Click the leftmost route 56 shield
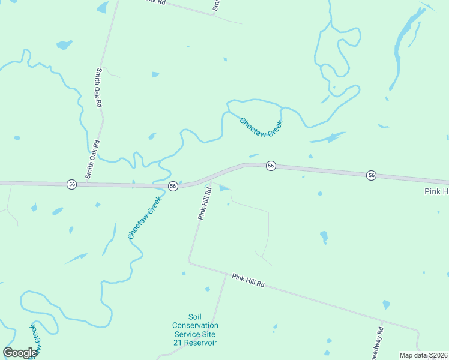pos(72,184)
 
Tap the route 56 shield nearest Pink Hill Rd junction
pos(173,186)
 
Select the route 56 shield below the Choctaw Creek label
pos(271,166)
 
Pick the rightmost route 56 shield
pos(372,175)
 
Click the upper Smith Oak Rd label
pos(98,87)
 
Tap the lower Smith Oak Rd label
pos(92,160)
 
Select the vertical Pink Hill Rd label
pos(205,203)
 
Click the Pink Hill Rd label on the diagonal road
pos(249,279)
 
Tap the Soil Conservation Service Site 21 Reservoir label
pos(195,329)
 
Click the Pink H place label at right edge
pos(436,191)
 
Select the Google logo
pos(20,353)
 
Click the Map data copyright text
pos(424,355)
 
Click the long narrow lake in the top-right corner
pos(403,51)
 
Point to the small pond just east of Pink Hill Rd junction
pos(224,188)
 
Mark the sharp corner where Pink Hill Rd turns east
pos(189,262)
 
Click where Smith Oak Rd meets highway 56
pos(85,184)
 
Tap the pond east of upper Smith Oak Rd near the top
pos(155,74)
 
